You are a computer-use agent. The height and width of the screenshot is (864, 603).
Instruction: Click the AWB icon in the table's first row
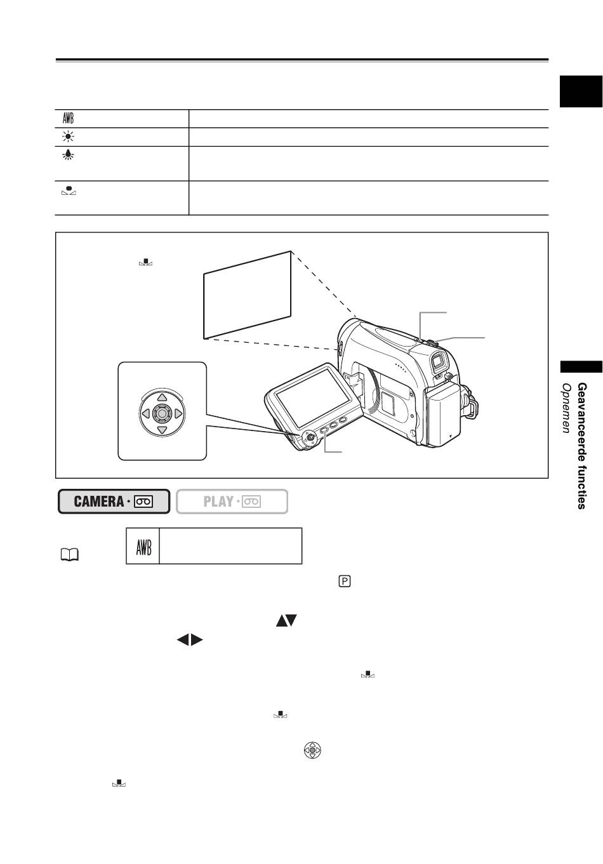click(x=68, y=119)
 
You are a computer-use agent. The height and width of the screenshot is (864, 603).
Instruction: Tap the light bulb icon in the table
click(x=68, y=154)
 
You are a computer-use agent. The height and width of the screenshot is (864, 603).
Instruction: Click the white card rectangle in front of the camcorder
click(x=248, y=295)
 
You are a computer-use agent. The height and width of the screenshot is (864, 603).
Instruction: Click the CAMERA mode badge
click(x=114, y=501)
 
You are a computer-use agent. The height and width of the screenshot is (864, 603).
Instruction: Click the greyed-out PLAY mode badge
click(x=232, y=501)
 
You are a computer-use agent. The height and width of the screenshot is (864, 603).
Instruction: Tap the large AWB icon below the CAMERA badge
click(x=143, y=546)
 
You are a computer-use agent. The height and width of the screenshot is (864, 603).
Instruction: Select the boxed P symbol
click(x=345, y=582)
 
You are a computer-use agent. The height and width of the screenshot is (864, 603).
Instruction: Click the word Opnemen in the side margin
click(x=566, y=408)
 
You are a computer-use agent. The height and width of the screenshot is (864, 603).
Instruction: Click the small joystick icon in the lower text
click(x=312, y=751)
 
